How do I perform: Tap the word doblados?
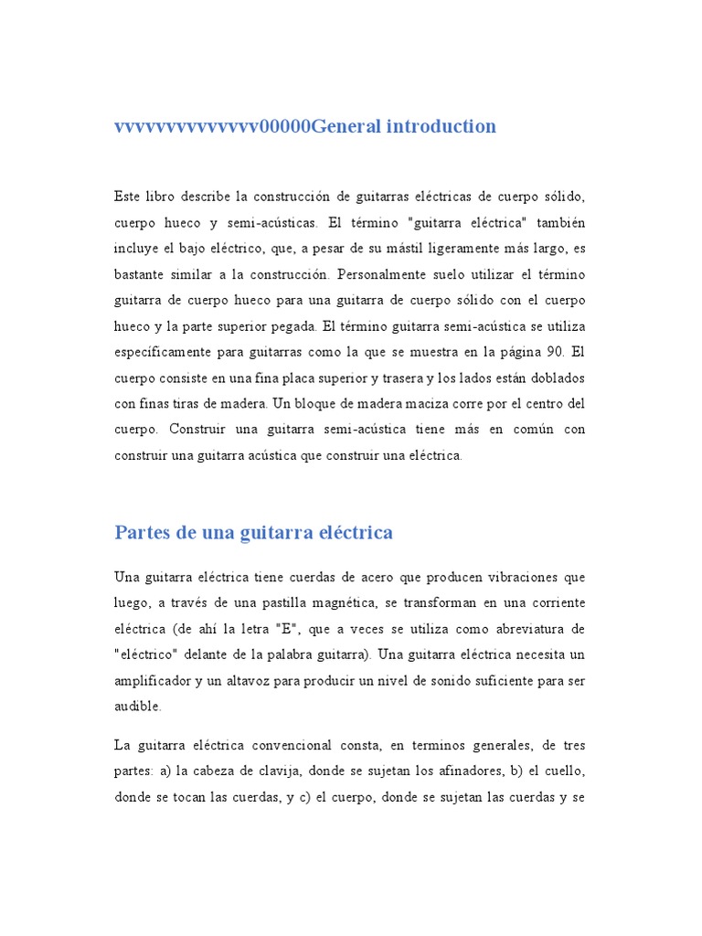coord(552,378)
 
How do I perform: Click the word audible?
coord(137,707)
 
